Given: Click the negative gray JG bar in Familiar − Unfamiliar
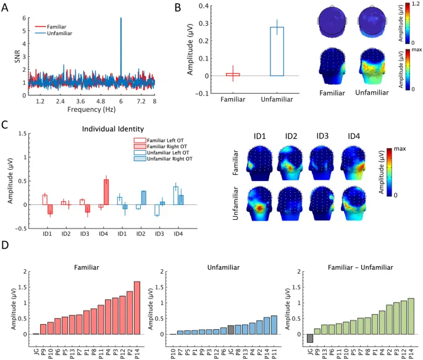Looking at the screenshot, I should pyautogui.click(x=310, y=338).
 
